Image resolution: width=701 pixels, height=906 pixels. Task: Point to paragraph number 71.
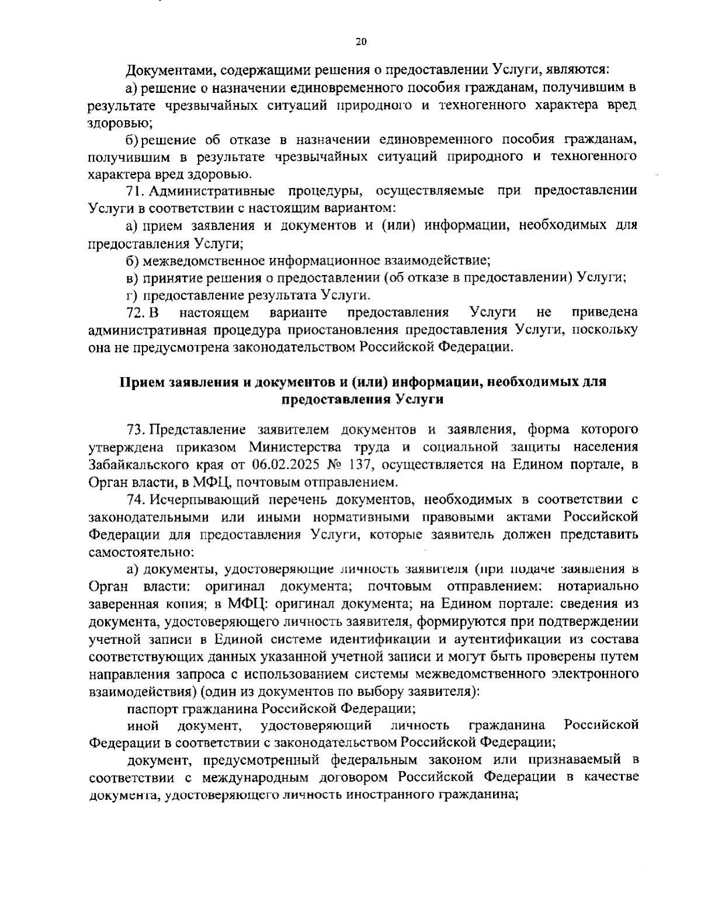point(136,191)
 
